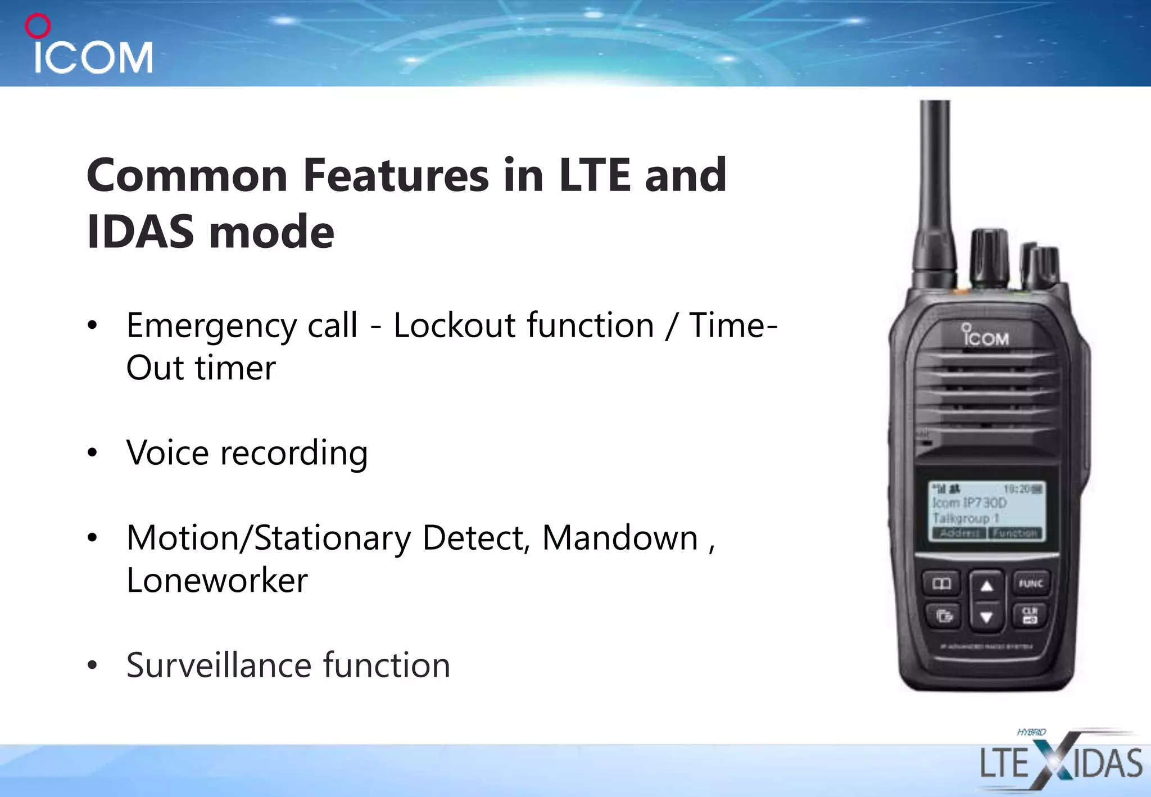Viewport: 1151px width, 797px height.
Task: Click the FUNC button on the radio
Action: pyautogui.click(x=1031, y=584)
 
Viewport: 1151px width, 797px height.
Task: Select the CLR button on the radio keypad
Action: pyautogui.click(x=1030, y=615)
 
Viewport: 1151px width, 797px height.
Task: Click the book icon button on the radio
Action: pyautogui.click(x=942, y=584)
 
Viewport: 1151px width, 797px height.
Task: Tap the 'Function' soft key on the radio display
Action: pyautogui.click(x=1014, y=533)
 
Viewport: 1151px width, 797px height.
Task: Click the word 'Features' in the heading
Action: pyautogui.click(x=396, y=175)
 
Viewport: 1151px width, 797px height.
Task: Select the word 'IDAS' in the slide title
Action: pyautogui.click(x=140, y=232)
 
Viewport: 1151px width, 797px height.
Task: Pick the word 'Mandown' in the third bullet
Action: pyautogui.click(x=620, y=538)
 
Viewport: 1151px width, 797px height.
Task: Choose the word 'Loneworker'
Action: pyautogui.click(x=217, y=581)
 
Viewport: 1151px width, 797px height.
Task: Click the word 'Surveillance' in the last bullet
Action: pyautogui.click(x=219, y=665)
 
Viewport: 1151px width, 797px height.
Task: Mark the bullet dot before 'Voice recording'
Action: pyautogui.click(x=93, y=452)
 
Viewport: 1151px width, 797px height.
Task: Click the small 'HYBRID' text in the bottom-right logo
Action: pyautogui.click(x=1031, y=732)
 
